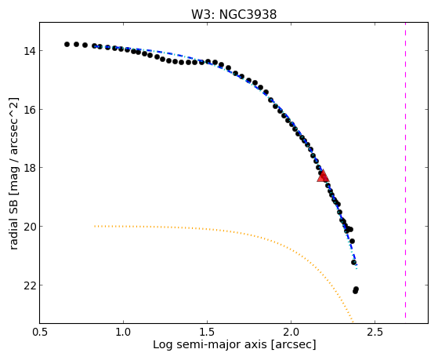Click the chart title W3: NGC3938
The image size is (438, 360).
[233, 15]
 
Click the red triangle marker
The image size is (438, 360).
[323, 176]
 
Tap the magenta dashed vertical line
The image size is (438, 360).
[405, 170]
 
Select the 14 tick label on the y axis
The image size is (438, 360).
[28, 51]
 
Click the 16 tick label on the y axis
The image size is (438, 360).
[28, 110]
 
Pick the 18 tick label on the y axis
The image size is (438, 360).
[28, 168]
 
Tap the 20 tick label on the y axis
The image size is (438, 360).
[28, 227]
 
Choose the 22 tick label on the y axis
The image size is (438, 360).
[28, 285]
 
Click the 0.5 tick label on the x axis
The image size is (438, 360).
[40, 332]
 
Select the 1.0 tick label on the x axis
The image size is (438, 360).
[124, 332]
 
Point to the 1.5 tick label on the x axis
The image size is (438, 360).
[208, 332]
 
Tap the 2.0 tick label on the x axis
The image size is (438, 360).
[291, 332]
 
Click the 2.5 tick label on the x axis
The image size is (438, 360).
[375, 332]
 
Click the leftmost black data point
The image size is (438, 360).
[67, 44]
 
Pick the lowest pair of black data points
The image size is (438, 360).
[356, 290]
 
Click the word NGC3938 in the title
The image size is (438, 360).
[248, 15]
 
